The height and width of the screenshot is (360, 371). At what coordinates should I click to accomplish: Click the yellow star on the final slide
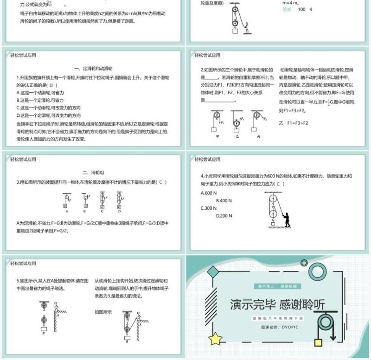coord(215,339)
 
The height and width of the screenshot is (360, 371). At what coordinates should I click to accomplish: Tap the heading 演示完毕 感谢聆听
coord(277,304)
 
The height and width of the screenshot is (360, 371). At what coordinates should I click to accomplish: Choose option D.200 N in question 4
coord(226,215)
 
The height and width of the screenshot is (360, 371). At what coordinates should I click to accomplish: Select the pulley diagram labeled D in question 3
coord(119,201)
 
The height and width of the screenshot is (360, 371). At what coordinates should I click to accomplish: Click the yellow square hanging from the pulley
coord(318,342)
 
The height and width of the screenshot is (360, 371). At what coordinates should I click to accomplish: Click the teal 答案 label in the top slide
coord(287,9)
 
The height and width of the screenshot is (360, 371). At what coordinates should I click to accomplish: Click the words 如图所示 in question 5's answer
coord(103,312)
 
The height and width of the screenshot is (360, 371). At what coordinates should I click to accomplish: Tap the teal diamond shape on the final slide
coord(213,271)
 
